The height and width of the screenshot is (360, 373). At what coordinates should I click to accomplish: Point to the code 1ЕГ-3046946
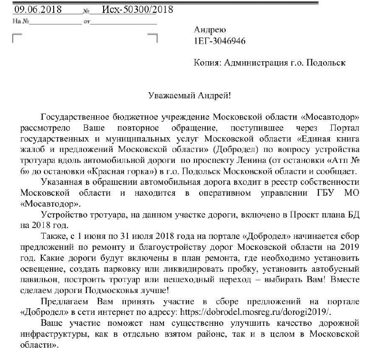[220, 41]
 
